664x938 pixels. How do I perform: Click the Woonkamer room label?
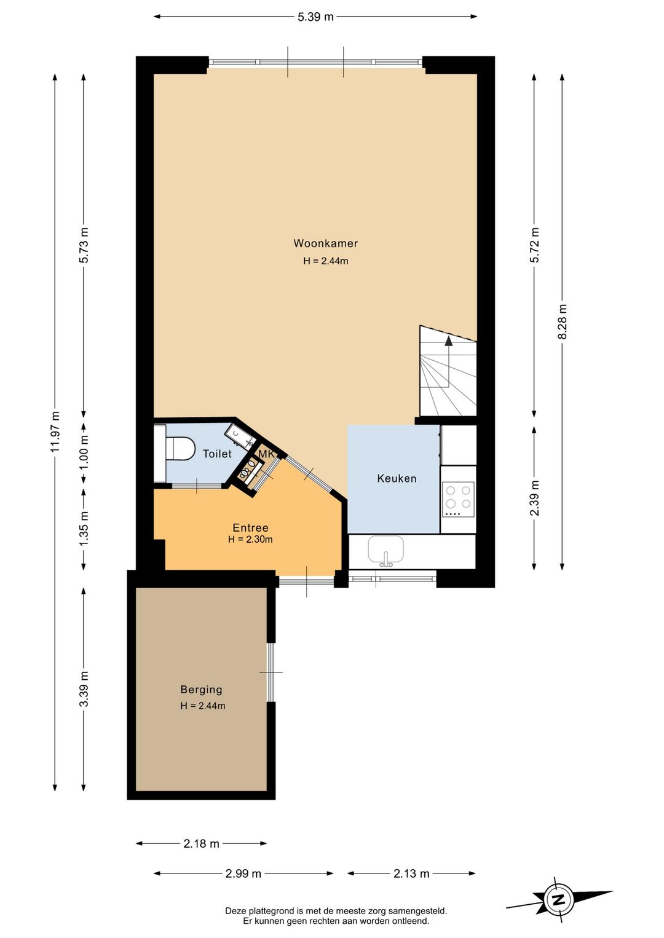[x=325, y=243]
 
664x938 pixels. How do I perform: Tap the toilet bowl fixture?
[x=180, y=449]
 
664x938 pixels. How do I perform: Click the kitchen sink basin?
[x=386, y=550]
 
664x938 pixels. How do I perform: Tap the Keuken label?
[x=397, y=478]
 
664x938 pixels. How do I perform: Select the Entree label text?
[x=250, y=527]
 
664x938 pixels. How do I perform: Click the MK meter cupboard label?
[x=266, y=454]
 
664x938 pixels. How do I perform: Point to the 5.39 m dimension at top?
[x=315, y=17]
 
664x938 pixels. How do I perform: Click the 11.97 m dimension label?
[x=55, y=432]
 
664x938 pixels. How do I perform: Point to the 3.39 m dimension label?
[x=84, y=689]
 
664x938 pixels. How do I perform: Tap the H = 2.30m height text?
[x=250, y=539]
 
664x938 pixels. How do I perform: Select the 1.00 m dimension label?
[x=84, y=452]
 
